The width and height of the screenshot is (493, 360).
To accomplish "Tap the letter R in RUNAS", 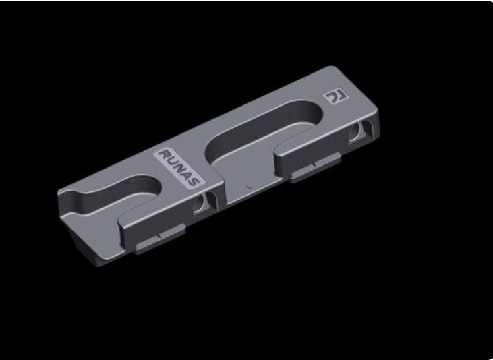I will (x=163, y=154).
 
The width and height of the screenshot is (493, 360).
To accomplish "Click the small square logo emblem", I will (x=334, y=96).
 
